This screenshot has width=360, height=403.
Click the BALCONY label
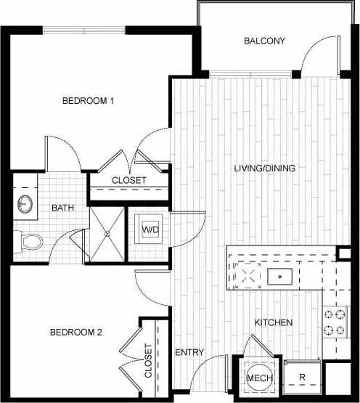(x=264, y=41)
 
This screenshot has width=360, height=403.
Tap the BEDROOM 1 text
(x=88, y=101)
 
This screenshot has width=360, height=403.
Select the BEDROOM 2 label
(x=75, y=333)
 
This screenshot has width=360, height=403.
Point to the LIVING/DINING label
(x=264, y=168)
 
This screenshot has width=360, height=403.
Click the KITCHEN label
(x=273, y=322)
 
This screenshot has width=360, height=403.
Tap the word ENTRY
(x=189, y=353)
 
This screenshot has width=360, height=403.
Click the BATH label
(x=62, y=208)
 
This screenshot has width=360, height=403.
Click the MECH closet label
(x=258, y=378)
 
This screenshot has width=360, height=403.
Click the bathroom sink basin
(x=25, y=203)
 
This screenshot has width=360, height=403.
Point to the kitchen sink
(x=279, y=276)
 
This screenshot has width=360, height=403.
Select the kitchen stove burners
(x=333, y=322)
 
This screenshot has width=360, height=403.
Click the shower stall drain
(x=107, y=234)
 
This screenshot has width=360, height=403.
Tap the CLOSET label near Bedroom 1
(x=128, y=180)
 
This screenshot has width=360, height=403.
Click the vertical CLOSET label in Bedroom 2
(x=149, y=360)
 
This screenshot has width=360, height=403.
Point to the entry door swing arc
(x=205, y=378)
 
